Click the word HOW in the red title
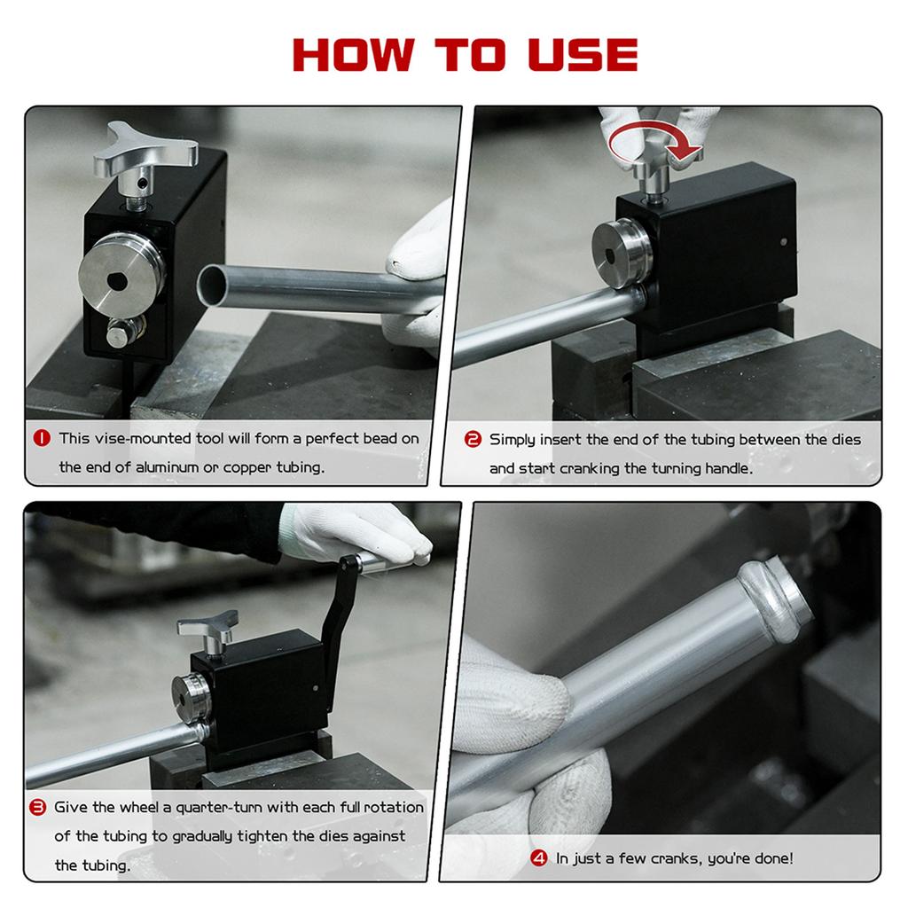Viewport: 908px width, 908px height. coord(353,55)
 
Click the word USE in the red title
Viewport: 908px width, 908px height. coord(583,55)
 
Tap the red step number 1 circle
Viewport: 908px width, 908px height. coord(42,438)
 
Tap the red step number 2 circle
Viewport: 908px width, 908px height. coord(473,440)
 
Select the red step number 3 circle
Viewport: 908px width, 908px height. coord(37,807)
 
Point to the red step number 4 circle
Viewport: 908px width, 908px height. coord(538,857)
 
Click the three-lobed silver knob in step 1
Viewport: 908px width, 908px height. coord(145,151)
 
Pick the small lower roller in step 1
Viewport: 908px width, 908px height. coord(124,333)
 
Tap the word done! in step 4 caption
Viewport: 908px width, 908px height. coord(772,857)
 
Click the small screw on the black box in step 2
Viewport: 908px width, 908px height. coord(784,242)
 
